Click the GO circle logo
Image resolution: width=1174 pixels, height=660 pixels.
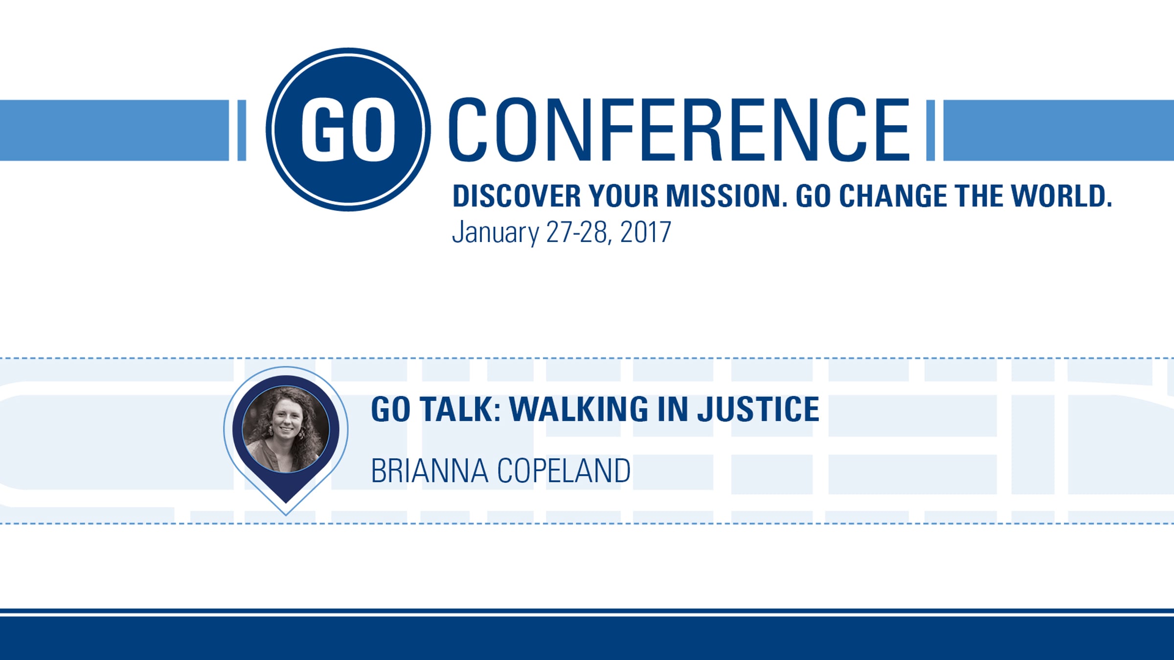point(348,130)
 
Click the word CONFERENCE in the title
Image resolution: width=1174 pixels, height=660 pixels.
point(679,130)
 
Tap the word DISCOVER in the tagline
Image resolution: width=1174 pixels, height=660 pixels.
point(517,196)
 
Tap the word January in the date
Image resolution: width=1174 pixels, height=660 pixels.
point(495,233)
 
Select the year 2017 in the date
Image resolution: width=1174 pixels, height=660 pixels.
point(645,232)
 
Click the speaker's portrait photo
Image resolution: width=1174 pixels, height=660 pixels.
point(286,429)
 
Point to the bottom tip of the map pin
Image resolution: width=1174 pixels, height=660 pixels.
point(286,515)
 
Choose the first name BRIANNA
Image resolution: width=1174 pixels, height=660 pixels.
point(429,471)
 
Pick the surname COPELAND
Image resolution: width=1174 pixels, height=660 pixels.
point(564,471)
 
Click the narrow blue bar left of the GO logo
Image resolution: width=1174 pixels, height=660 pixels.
point(242,130)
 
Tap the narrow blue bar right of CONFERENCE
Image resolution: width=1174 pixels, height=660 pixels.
point(930,130)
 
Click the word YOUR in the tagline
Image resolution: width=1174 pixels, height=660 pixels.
point(624,196)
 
